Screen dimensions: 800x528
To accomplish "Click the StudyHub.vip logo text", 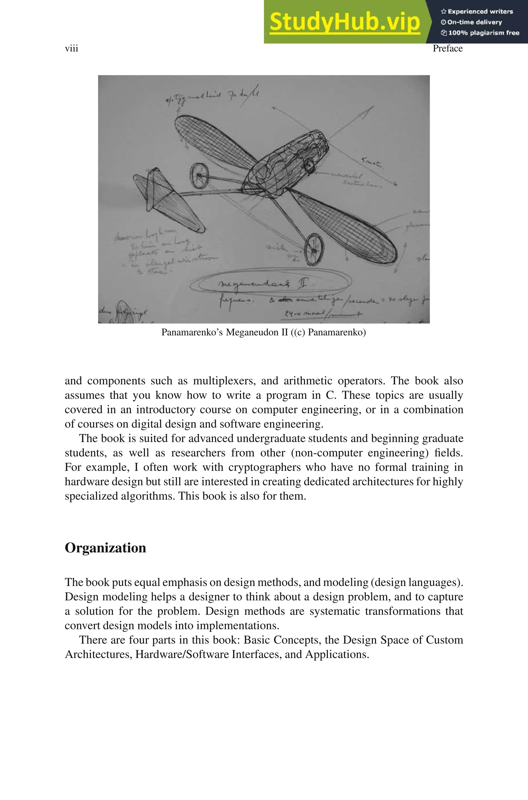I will pos(344,22).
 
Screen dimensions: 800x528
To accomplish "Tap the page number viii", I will pos(71,48).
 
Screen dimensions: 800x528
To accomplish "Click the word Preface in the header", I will pos(448,48).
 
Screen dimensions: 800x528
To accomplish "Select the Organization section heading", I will pos(105,548).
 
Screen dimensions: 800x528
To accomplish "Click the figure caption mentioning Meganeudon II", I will pos(263,332).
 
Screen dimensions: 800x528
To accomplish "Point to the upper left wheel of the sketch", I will pos(199,176).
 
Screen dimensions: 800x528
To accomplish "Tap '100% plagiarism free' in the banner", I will pos(483,33).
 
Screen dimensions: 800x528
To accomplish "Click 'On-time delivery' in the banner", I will pos(474,22).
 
